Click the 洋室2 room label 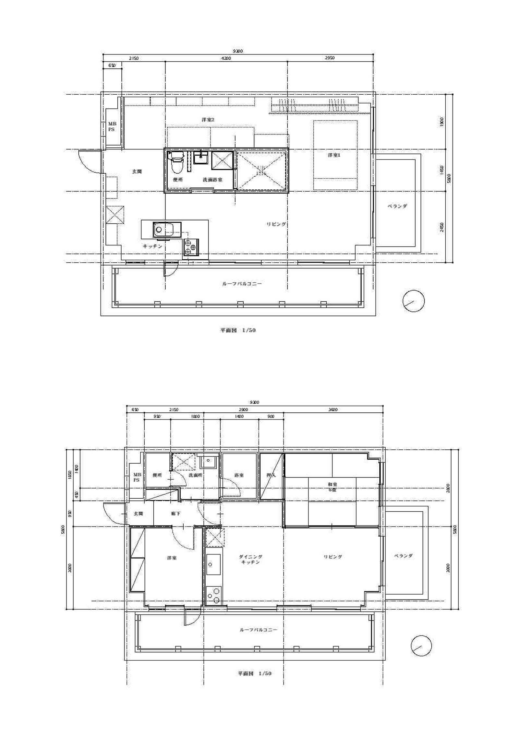tap(208, 120)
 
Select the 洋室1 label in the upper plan tap(334, 155)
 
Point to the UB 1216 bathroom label tap(261, 171)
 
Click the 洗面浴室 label tap(212, 180)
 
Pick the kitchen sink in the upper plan tap(167, 230)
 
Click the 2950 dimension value tap(329, 58)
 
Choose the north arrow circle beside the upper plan tap(413, 301)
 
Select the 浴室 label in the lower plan tap(239, 475)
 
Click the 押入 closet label tap(271, 475)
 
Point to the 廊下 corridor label tap(175, 514)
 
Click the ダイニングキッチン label tap(250, 559)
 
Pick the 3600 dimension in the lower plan tap(333, 410)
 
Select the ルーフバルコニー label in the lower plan tap(258, 630)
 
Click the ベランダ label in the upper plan tap(397, 206)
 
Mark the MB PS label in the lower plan tap(137, 477)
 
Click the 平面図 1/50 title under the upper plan tap(238, 330)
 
